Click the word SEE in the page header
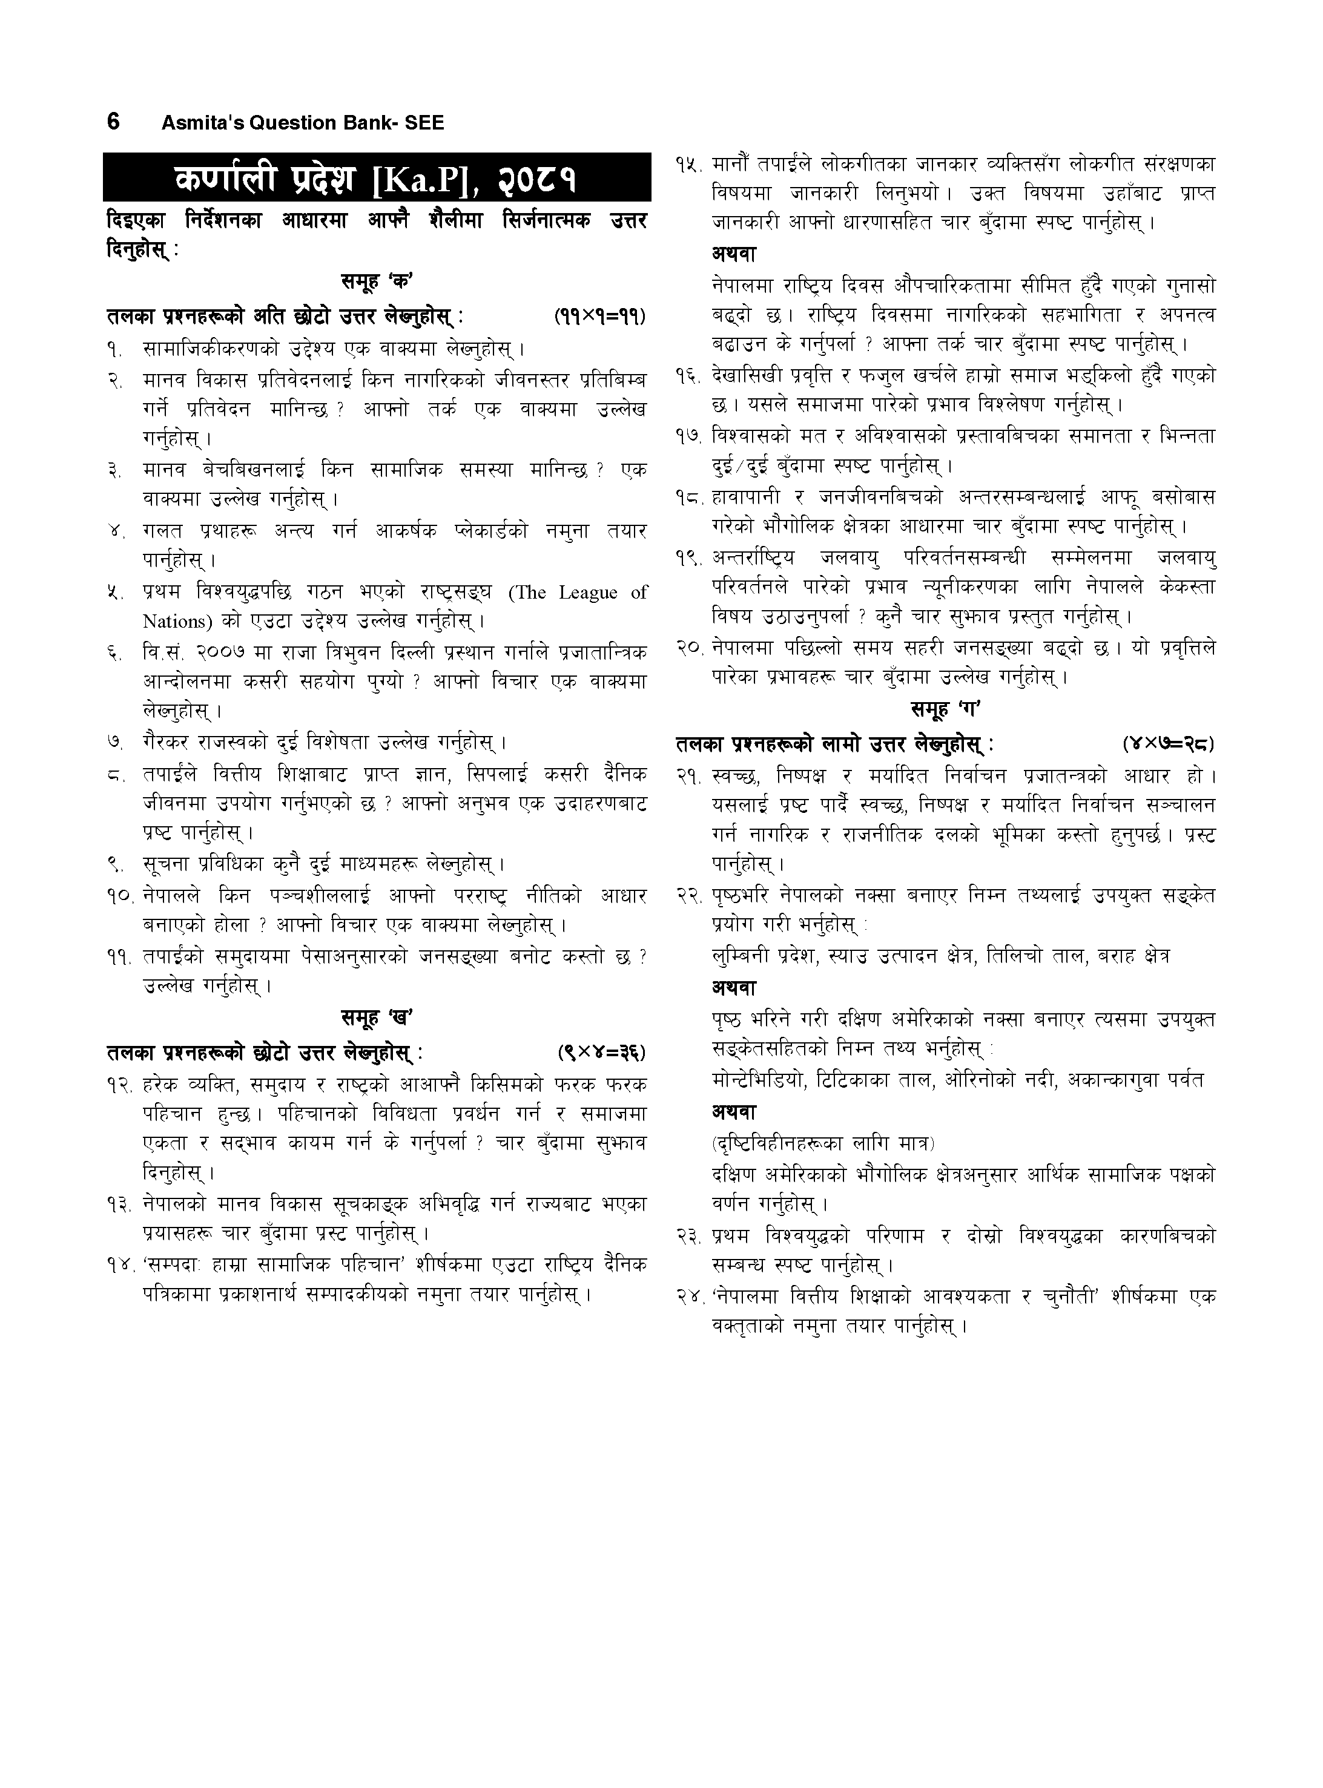(x=425, y=123)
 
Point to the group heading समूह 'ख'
(x=377, y=1019)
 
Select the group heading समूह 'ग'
(x=946, y=710)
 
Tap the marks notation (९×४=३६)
(x=601, y=1051)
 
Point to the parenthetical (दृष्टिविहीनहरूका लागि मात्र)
(x=822, y=1143)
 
